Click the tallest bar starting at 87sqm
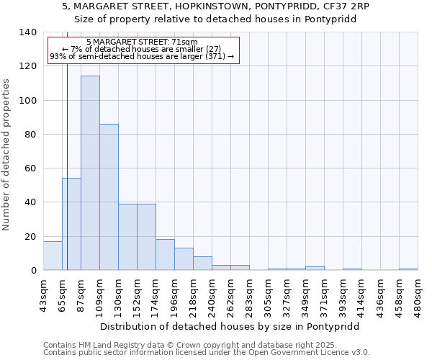click(90, 173)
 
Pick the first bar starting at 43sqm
click(53, 256)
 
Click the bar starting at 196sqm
click(184, 259)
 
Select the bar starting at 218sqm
click(202, 264)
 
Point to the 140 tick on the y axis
click(28, 32)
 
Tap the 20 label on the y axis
click(30, 236)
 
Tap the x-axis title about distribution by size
click(229, 326)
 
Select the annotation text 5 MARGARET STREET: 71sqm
click(141, 42)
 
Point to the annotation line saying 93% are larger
click(141, 56)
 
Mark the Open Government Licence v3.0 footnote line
click(207, 353)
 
